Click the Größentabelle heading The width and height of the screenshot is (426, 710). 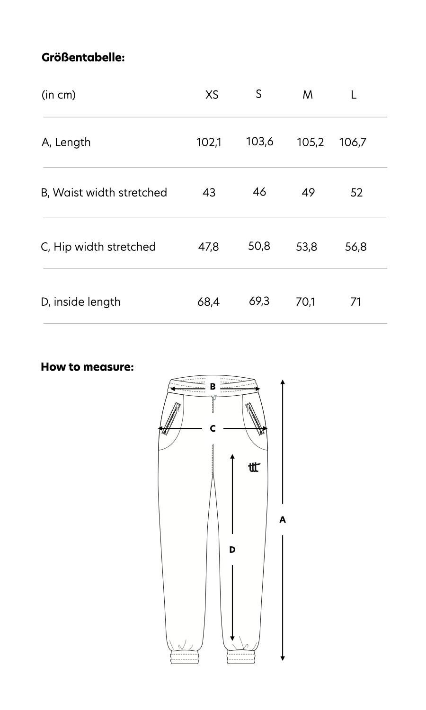click(x=83, y=58)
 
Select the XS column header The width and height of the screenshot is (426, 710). click(x=212, y=95)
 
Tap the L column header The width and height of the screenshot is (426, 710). click(x=354, y=95)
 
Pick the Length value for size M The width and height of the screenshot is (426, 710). click(x=310, y=142)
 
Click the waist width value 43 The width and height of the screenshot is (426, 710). click(x=209, y=193)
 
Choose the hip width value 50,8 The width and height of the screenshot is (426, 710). click(x=259, y=246)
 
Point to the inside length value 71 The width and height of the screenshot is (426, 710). click(x=356, y=302)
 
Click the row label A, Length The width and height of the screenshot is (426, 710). click(x=66, y=142)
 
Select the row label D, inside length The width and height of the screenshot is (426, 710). click(x=80, y=302)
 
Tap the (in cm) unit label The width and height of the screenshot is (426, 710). click(x=59, y=95)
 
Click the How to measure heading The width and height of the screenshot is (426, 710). click(x=87, y=367)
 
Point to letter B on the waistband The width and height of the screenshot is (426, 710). click(x=213, y=387)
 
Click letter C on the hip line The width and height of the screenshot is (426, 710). click(x=213, y=428)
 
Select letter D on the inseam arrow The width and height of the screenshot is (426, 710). click(x=232, y=550)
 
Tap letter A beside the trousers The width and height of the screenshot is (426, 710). click(x=283, y=520)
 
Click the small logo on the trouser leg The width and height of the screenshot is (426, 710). click(x=254, y=467)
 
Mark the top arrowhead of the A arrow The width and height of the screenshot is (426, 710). click(x=283, y=382)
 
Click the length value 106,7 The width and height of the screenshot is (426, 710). click(x=353, y=142)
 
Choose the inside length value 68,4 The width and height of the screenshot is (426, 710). click(x=208, y=302)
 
